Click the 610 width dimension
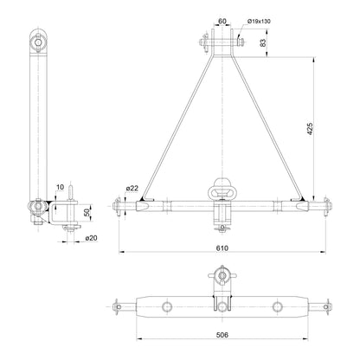tap(223, 247)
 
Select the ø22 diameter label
tap(132, 188)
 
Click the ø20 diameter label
tap(90, 236)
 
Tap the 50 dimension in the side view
tap(87, 212)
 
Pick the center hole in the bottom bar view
tap(223, 307)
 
